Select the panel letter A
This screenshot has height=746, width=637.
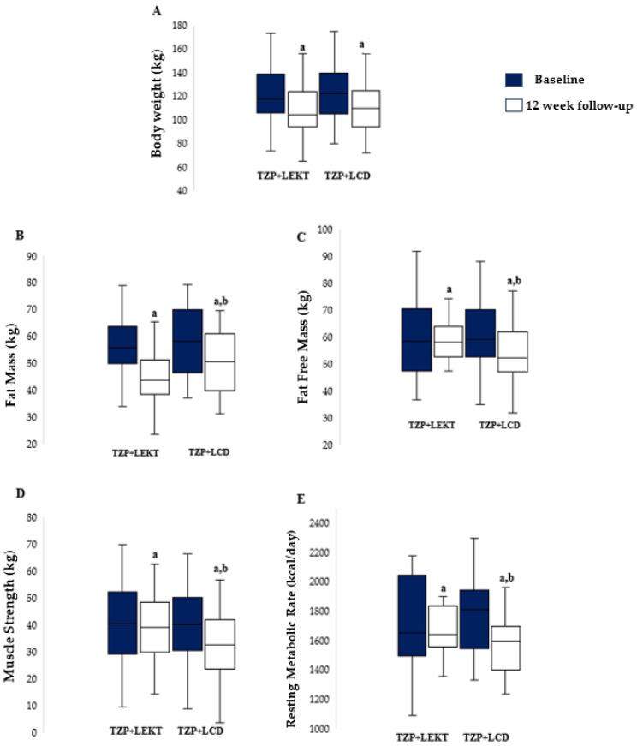(156, 10)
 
